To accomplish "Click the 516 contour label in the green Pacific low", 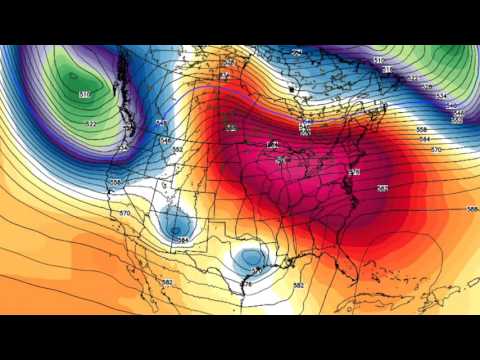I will coord(85,93).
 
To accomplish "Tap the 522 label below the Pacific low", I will coord(91,124).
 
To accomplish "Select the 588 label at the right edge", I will coord(471,209).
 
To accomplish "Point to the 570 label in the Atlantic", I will coord(436,149).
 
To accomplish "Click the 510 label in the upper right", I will coord(379,61).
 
